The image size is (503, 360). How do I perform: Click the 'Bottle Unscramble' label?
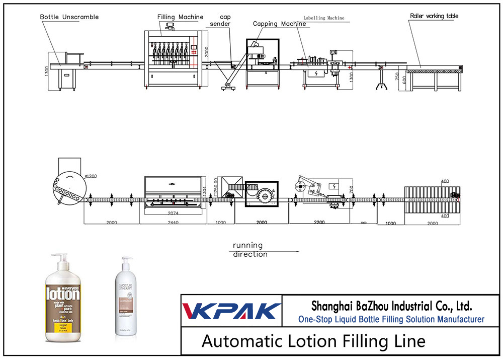point(69,17)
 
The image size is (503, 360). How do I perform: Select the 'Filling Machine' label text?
point(180,17)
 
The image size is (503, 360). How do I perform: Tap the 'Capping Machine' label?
point(279,24)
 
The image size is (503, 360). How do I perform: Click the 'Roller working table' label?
point(434,16)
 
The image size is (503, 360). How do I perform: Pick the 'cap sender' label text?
point(220,20)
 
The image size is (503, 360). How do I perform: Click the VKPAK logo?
point(231,310)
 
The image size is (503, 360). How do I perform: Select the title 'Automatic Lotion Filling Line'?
point(313,341)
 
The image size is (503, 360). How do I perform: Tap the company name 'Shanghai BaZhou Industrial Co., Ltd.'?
point(391,306)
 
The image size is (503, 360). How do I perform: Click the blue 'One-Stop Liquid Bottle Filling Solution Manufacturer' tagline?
point(391,319)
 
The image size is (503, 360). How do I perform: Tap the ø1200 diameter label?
point(91,176)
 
